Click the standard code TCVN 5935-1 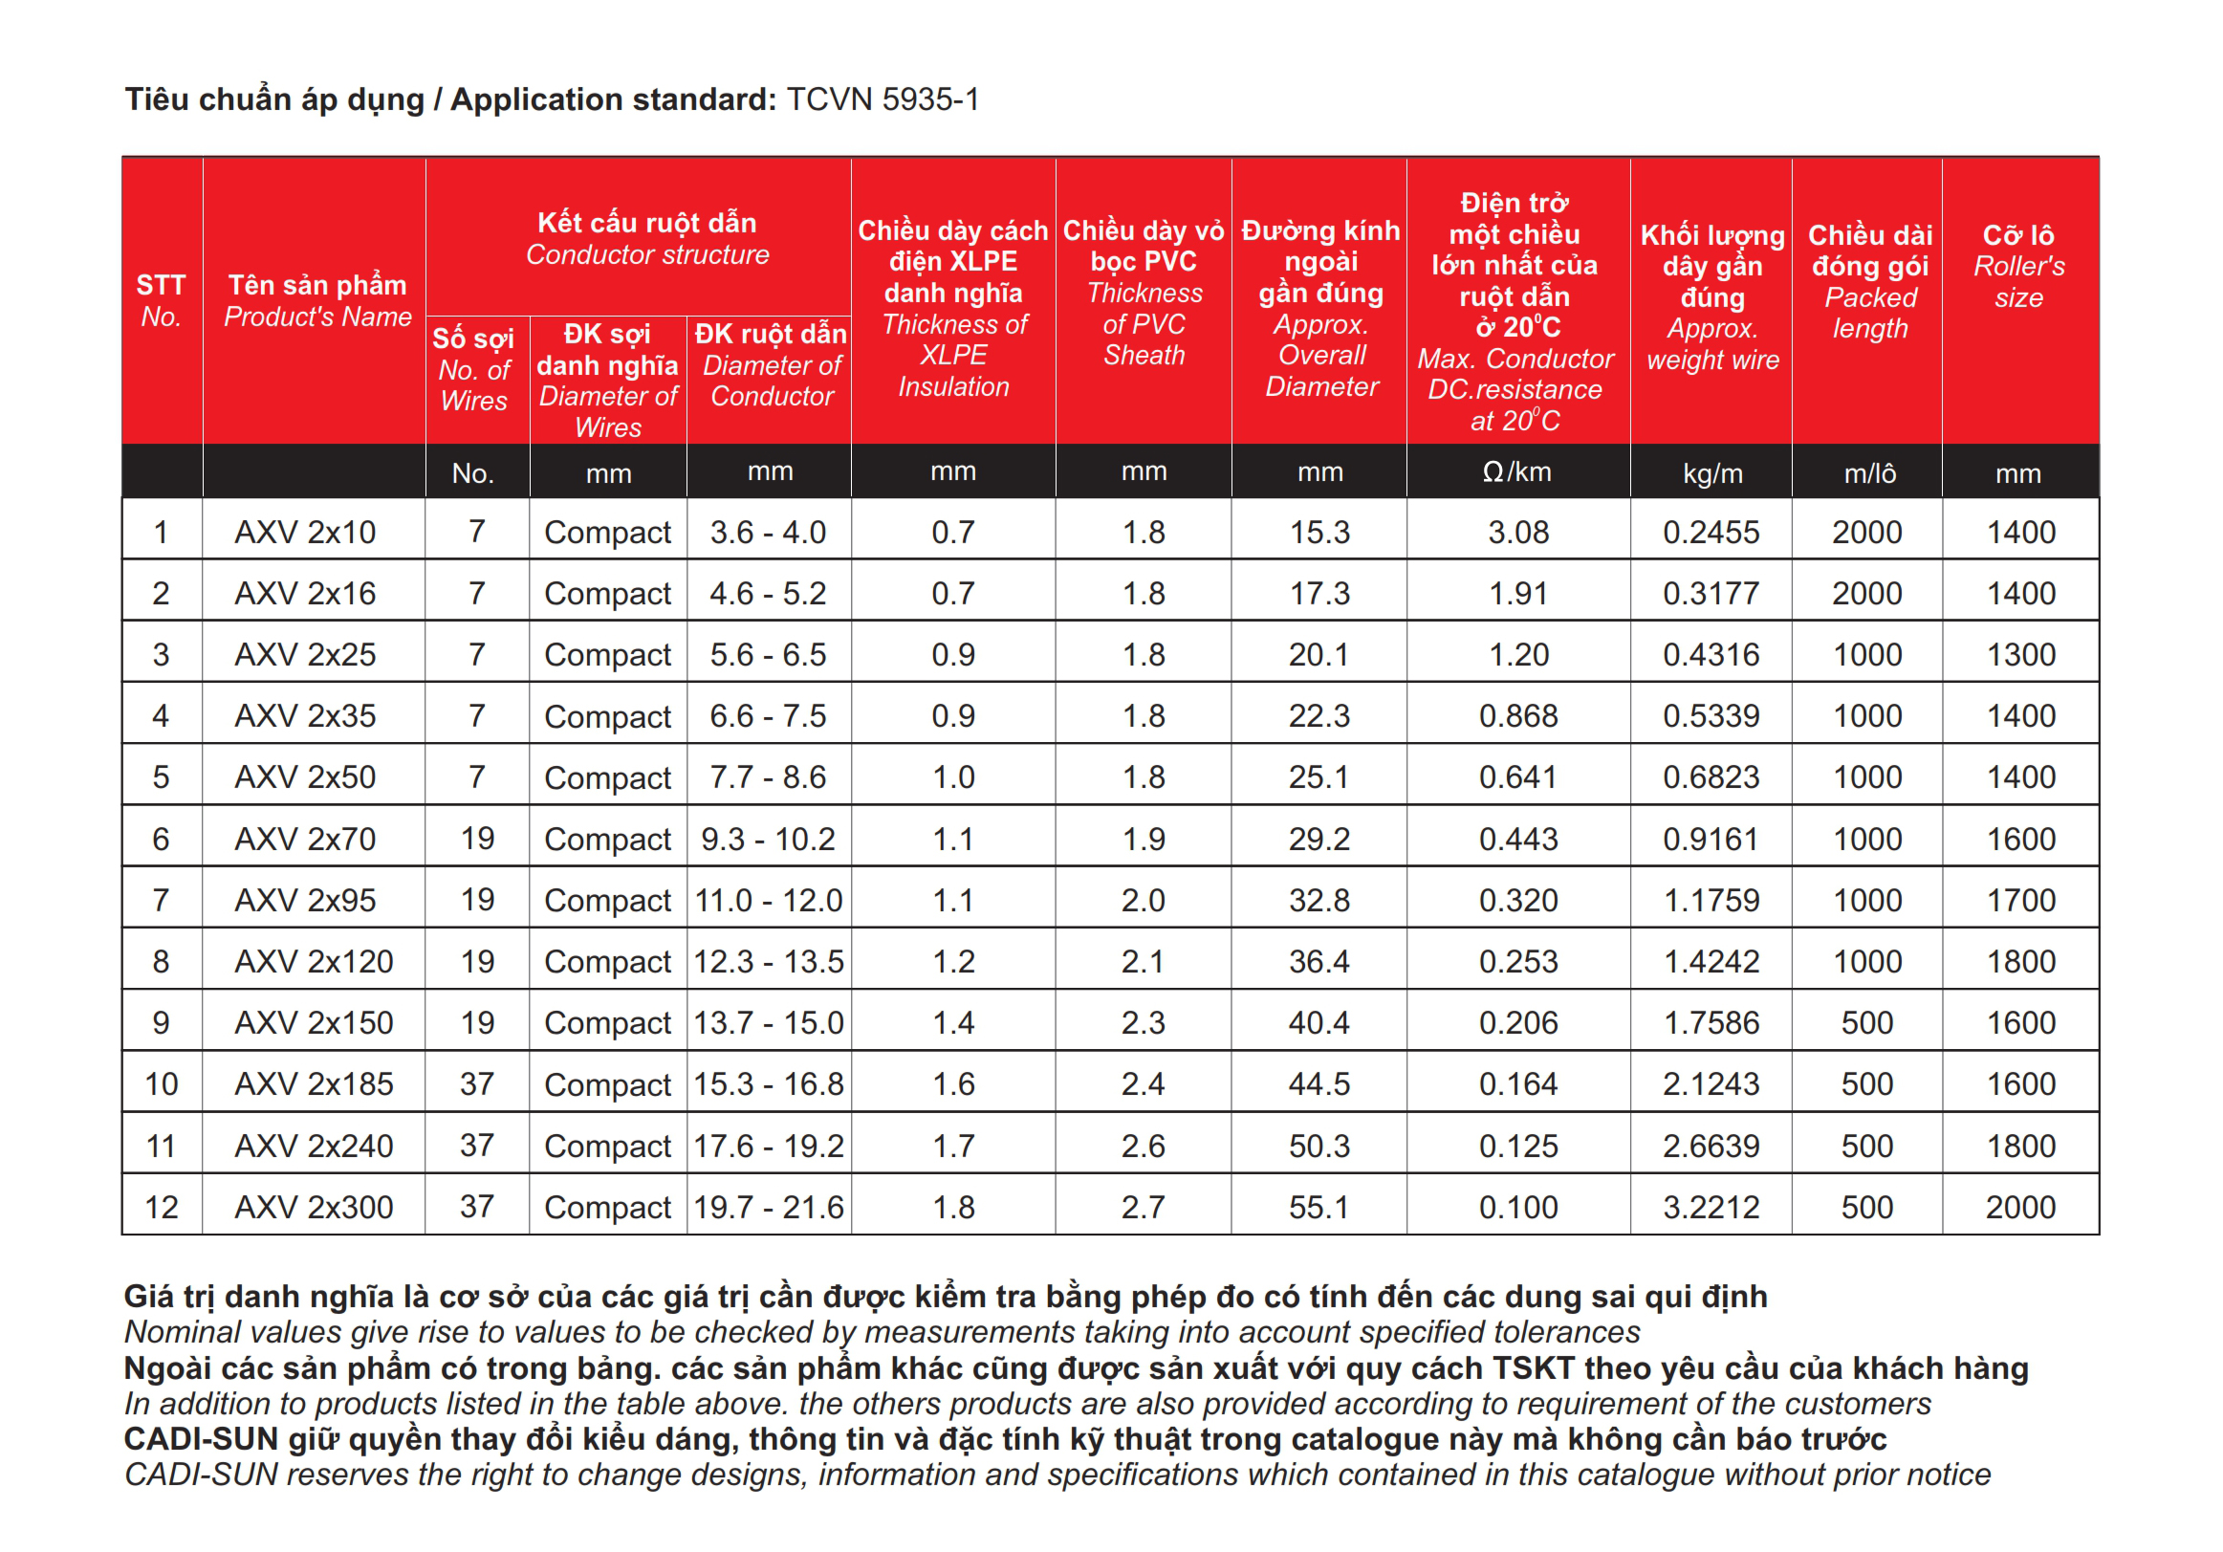[x=883, y=99]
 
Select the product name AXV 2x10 [x=305, y=533]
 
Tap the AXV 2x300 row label [x=314, y=1208]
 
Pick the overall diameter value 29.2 [x=1319, y=840]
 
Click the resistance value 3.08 [x=1518, y=533]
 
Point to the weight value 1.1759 [x=1711, y=901]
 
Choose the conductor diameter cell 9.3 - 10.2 [x=768, y=840]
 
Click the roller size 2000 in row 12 [x=2019, y=1208]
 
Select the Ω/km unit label [x=1516, y=472]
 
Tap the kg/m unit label [x=1711, y=473]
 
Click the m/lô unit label [x=1868, y=473]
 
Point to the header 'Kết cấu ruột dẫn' [x=646, y=224]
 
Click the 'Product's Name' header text [x=317, y=317]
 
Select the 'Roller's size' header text [x=2018, y=282]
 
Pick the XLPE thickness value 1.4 [x=952, y=1023]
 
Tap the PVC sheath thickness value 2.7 [x=1143, y=1208]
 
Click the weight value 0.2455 [x=1711, y=533]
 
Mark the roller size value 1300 [x=2019, y=655]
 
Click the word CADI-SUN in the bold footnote [x=202, y=1440]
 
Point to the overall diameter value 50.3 [x=1319, y=1147]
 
